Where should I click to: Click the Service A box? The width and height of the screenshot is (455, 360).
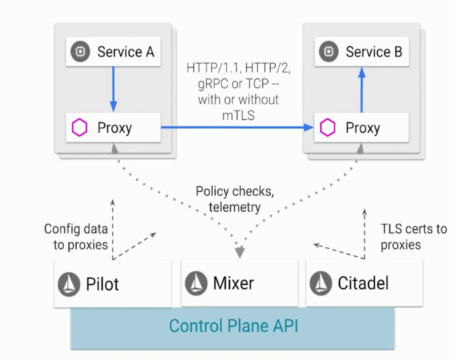click(113, 52)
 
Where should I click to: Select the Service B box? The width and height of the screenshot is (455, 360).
click(362, 52)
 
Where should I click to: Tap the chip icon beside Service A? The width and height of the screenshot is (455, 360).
click(81, 52)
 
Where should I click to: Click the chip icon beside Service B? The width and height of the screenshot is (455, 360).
click(328, 52)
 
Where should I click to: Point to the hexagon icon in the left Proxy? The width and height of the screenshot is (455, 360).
click(80, 127)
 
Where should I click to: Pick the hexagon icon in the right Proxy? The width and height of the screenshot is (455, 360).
click(327, 127)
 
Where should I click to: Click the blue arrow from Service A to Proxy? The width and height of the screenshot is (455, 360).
click(113, 88)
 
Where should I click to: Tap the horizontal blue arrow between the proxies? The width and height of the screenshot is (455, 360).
click(238, 126)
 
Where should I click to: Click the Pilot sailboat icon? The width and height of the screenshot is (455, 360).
click(70, 284)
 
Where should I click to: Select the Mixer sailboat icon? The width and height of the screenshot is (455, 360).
click(197, 282)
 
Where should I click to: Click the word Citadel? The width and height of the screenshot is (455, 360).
click(362, 283)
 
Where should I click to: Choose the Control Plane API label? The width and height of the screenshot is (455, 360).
click(233, 326)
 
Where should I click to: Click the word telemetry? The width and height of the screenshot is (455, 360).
click(234, 207)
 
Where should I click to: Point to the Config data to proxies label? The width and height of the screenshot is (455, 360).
click(76, 236)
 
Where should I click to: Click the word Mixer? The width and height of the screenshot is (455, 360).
click(233, 282)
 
